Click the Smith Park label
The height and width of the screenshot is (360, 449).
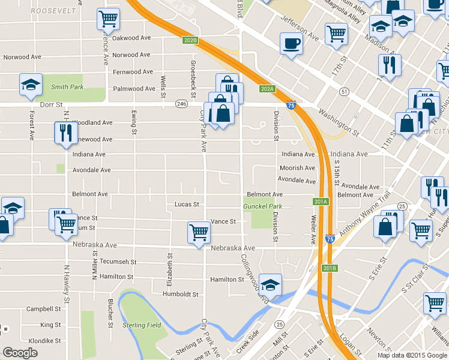pyautogui.click(x=67, y=87)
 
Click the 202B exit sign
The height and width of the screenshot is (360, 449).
pyautogui.click(x=190, y=40)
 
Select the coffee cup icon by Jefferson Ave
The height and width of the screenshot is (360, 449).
pyautogui.click(x=291, y=44)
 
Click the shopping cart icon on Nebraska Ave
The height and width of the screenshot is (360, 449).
pyautogui.click(x=199, y=232)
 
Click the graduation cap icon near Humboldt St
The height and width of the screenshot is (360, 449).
pyautogui.click(x=271, y=284)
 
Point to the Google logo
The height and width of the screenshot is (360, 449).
pyautogui.click(x=20, y=353)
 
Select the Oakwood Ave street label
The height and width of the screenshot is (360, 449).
pyautogui.click(x=131, y=38)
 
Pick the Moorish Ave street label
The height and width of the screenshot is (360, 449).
pyautogui.click(x=297, y=169)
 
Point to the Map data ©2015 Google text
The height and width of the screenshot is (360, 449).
pyautogui.click(x=412, y=355)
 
